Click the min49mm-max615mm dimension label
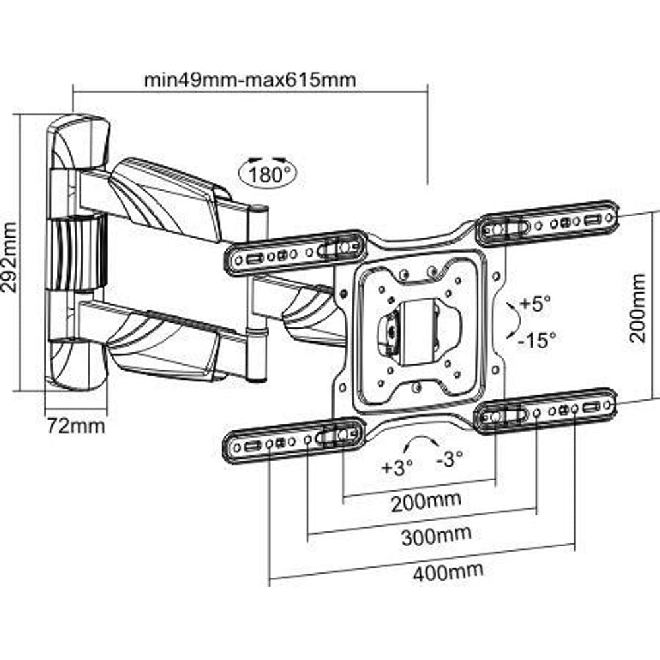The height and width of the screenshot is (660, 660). [250, 81]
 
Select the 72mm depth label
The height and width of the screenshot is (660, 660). [75, 426]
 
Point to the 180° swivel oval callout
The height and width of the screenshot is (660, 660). [267, 173]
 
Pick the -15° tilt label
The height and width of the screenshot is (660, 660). [536, 339]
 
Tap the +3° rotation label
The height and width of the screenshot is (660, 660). [397, 467]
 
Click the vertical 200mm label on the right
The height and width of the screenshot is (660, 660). [638, 308]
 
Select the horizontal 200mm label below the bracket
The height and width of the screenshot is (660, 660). [426, 503]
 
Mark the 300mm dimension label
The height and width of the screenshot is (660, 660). [436, 534]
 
